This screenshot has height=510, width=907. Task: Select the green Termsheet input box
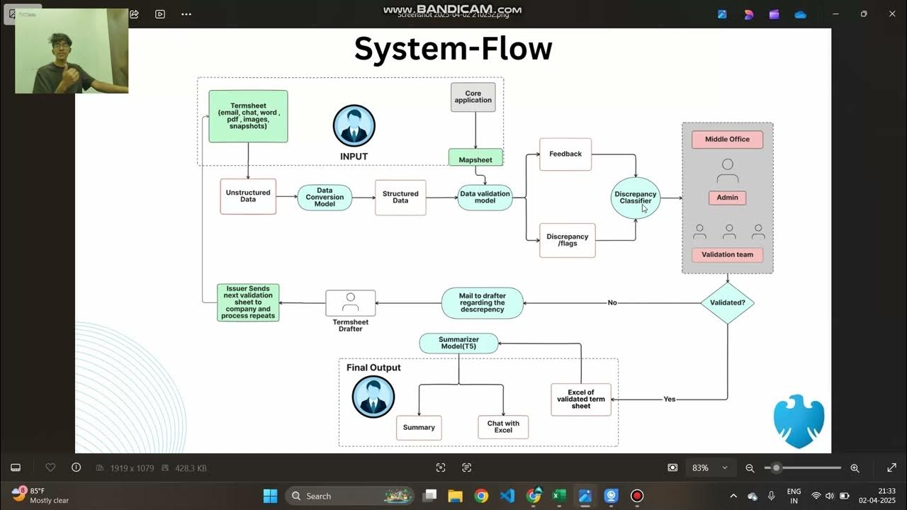click(248, 116)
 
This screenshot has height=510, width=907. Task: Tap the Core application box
click(473, 97)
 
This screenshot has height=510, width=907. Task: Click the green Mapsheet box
click(475, 159)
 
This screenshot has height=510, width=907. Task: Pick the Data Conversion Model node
click(325, 197)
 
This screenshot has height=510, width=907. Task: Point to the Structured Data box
click(400, 197)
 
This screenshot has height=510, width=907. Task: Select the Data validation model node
click(485, 197)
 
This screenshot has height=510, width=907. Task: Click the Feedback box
click(565, 154)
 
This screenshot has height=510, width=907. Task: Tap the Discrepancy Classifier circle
click(636, 198)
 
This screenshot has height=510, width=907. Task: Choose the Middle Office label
click(727, 140)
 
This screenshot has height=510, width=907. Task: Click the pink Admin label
click(727, 198)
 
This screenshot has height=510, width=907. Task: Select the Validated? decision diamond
click(727, 302)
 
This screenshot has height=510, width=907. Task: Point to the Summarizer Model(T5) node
click(458, 344)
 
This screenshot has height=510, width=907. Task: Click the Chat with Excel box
click(503, 427)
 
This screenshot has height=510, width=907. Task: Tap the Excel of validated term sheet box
click(580, 399)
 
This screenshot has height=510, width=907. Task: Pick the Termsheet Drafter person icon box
click(350, 303)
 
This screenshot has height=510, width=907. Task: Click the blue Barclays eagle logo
click(799, 421)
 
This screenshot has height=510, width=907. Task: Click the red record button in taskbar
click(637, 496)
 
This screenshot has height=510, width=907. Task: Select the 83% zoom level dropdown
click(709, 467)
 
